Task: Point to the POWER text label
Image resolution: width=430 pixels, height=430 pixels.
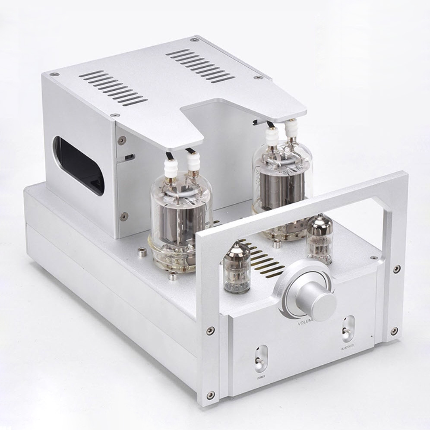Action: click(261, 376)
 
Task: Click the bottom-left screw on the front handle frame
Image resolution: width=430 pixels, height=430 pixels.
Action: click(210, 395)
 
